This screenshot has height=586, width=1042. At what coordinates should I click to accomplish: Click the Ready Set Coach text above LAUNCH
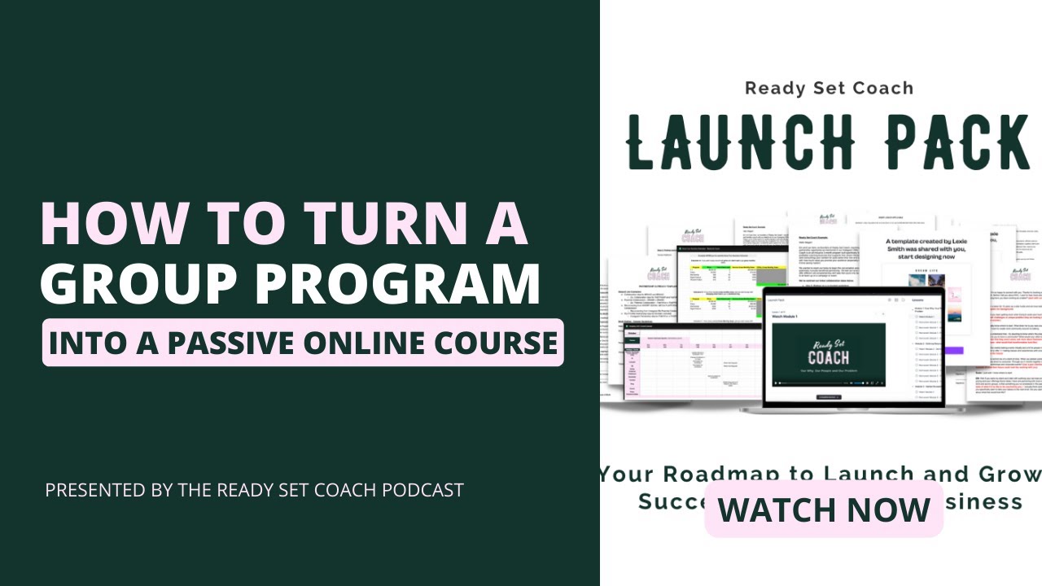829,88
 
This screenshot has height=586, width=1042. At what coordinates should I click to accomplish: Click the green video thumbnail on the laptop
828,355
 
